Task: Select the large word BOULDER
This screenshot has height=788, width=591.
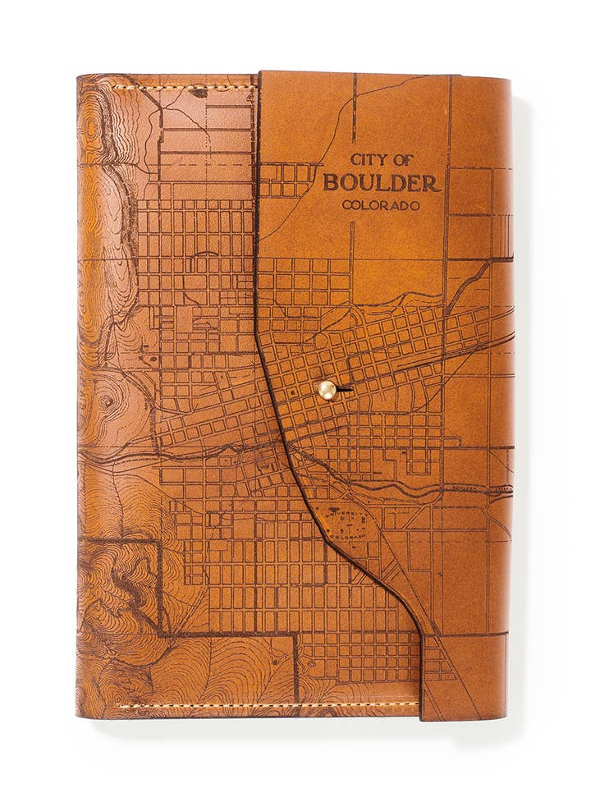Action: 382,182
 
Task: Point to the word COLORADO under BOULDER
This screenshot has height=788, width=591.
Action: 382,205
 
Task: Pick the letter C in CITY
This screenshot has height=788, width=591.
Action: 355,160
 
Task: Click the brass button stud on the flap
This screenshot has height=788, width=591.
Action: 327,390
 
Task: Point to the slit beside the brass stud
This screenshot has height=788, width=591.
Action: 345,388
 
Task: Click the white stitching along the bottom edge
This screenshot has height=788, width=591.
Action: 263,705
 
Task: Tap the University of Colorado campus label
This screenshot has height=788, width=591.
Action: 342,525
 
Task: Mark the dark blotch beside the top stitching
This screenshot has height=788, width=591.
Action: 199,93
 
